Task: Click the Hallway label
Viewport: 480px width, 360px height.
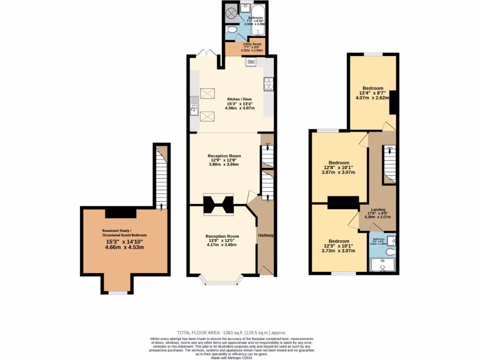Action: click(265, 235)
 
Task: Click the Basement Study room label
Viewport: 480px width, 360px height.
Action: click(125, 232)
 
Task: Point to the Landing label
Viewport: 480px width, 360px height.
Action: click(378, 210)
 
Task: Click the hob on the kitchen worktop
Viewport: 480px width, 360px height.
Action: click(269, 83)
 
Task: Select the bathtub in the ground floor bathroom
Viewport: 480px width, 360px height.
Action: click(258, 21)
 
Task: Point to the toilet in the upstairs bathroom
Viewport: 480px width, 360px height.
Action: click(390, 252)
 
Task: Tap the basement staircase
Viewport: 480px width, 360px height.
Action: click(161, 177)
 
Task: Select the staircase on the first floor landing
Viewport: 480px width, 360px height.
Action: click(390, 164)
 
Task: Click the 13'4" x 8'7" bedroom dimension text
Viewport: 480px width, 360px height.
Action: click(373, 93)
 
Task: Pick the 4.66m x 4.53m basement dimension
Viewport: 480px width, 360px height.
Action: click(124, 247)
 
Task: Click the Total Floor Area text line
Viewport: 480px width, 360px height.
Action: click(231, 332)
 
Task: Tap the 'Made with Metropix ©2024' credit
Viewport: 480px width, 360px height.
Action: click(232, 358)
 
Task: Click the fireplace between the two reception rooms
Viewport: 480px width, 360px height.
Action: click(218, 204)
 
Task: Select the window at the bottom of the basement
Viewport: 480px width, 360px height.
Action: click(118, 293)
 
